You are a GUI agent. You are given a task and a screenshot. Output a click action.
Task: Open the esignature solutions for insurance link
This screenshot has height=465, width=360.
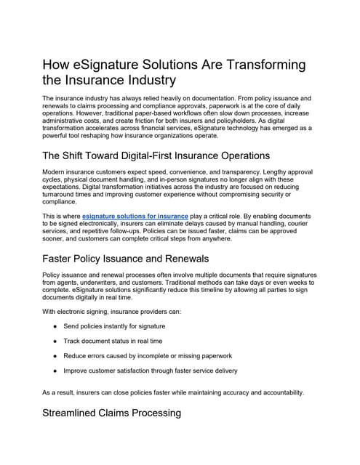coord(135,216)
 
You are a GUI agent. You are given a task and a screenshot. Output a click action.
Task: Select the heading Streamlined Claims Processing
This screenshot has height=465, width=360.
coord(113,413)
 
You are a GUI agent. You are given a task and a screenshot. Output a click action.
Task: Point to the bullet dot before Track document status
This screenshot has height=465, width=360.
coord(56,340)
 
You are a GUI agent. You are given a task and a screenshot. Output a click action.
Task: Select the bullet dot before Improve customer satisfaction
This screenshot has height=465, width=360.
coord(56,370)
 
